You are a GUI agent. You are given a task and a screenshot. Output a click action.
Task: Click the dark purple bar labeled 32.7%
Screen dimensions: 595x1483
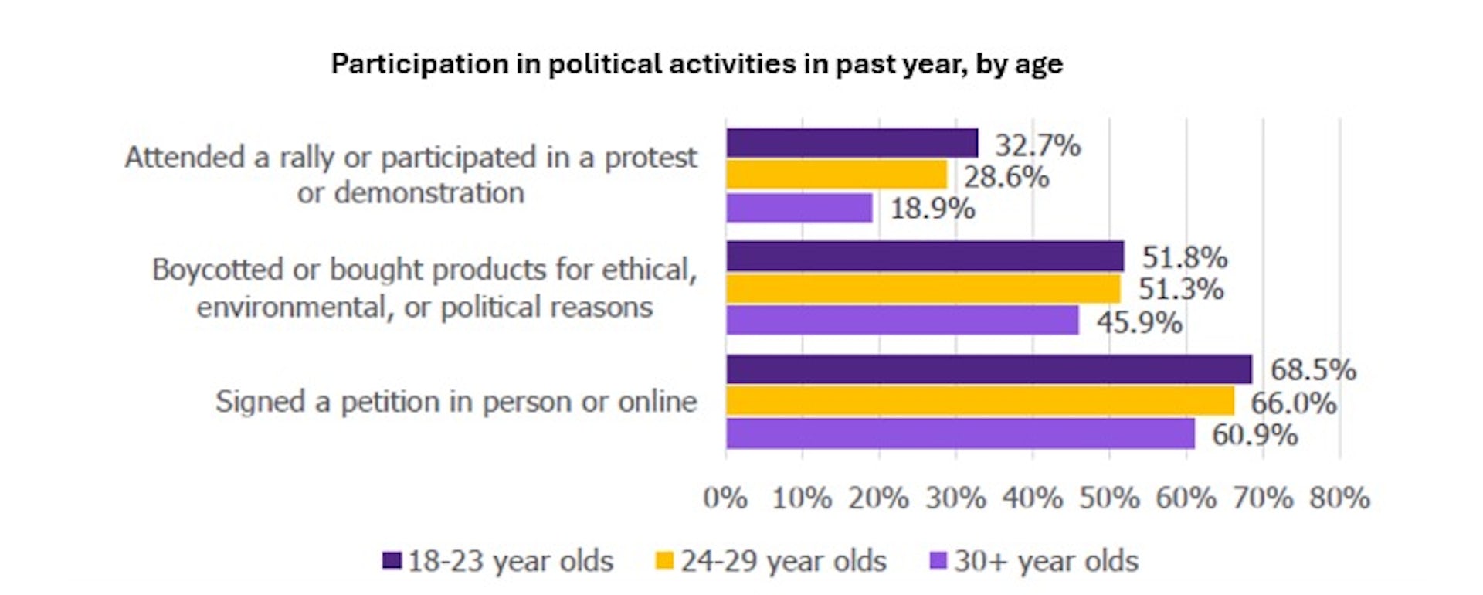click(x=851, y=143)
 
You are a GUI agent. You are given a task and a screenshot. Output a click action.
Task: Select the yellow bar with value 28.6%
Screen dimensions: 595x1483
click(x=836, y=175)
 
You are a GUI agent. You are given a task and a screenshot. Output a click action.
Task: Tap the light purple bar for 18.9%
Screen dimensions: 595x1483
click(x=799, y=208)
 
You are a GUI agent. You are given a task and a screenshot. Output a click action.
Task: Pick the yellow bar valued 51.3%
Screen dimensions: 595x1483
click(x=922, y=289)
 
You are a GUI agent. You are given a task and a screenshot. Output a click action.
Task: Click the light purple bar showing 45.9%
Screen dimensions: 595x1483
click(x=901, y=320)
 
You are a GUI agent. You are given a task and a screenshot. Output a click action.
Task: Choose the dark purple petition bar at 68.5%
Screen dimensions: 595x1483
click(x=988, y=369)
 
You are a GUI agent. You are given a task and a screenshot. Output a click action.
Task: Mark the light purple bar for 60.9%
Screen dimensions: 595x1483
click(x=959, y=433)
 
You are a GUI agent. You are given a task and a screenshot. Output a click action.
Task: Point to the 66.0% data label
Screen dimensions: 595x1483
click(x=1293, y=403)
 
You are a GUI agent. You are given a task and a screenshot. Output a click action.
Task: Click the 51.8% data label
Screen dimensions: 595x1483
click(x=1184, y=257)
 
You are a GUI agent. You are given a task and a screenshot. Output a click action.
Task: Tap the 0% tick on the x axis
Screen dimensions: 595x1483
click(x=725, y=498)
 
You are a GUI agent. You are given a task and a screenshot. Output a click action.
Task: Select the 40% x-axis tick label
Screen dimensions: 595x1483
click(x=1032, y=498)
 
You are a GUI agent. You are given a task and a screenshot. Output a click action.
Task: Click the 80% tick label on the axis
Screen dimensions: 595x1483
click(x=1339, y=498)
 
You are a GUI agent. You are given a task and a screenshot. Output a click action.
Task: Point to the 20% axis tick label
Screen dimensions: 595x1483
click(x=878, y=498)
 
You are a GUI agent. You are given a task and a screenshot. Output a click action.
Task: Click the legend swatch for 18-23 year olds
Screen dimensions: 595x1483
click(x=392, y=560)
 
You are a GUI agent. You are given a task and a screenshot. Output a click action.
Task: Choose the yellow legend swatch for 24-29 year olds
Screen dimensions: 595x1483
click(x=664, y=560)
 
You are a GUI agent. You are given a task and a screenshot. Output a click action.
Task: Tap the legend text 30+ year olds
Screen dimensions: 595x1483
click(x=1046, y=561)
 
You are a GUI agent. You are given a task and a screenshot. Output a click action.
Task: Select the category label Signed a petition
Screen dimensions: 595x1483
click(x=456, y=402)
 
